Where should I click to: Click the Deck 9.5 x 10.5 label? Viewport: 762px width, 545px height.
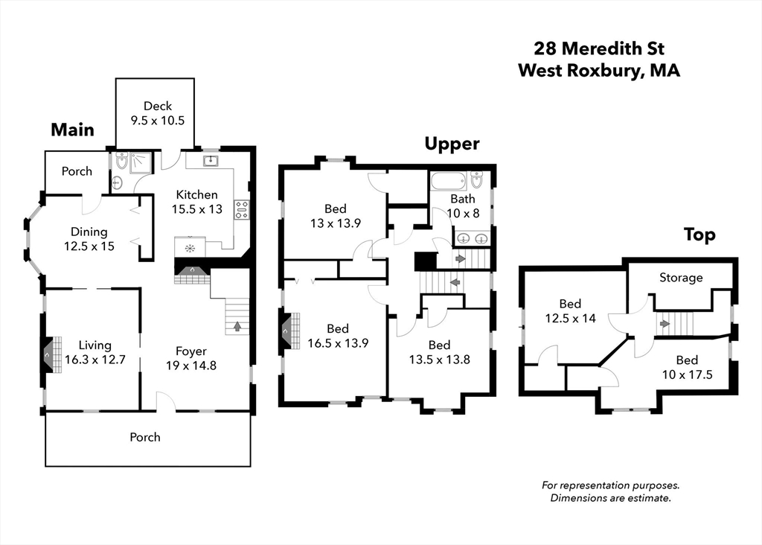157,113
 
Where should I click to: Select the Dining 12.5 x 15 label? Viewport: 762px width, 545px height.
89,239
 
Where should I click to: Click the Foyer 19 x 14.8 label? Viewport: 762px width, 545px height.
190,358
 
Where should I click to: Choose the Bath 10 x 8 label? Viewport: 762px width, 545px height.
462,206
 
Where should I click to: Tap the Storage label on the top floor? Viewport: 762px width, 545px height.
680,278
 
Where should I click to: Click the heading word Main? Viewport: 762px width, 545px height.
72,130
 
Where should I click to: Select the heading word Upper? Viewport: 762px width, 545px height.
452,144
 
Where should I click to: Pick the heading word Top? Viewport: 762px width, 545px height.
699,235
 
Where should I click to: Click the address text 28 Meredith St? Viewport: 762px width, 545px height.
599,49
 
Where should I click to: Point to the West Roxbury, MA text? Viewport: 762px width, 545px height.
599,71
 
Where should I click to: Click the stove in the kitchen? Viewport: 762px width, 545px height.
241,209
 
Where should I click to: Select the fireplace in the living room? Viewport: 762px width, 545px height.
48,356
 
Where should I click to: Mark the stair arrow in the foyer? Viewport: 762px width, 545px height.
237,325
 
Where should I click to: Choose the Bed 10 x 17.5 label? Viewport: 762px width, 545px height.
687,367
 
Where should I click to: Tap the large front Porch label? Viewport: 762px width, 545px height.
145,437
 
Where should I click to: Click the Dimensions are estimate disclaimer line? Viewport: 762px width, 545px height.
610,498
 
